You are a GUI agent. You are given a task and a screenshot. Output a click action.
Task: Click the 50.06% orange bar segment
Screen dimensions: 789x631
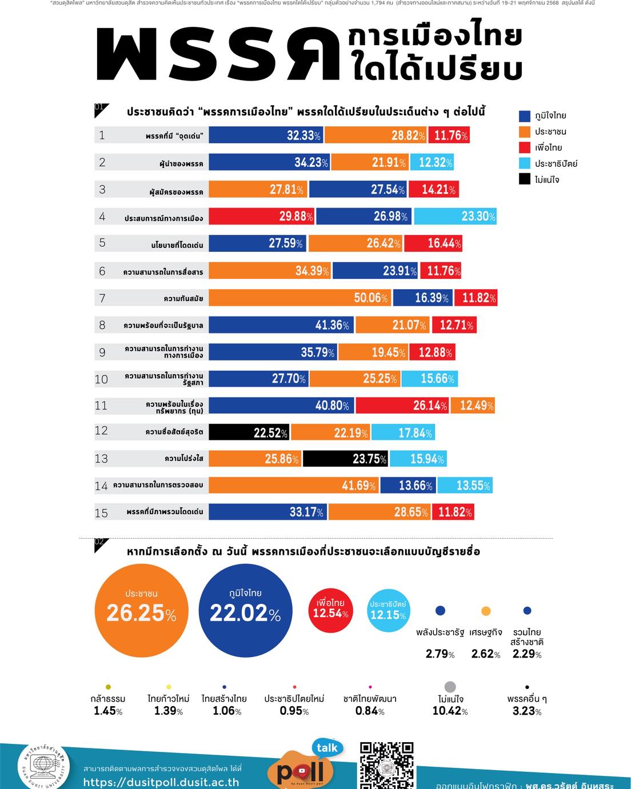pyautogui.click(x=299, y=298)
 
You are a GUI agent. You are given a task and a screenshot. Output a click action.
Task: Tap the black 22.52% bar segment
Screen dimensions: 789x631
pyautogui.click(x=249, y=432)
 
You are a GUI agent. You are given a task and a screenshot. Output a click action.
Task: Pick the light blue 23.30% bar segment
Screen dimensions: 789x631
pyautogui.click(x=455, y=216)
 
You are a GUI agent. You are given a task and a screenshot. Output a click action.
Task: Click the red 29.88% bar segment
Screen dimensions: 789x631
pyautogui.click(x=262, y=216)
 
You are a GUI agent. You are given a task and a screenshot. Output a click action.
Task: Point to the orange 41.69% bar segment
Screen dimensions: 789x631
pyautogui.click(x=293, y=485)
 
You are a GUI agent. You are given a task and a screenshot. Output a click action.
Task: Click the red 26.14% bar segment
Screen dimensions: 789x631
pyautogui.click(x=402, y=405)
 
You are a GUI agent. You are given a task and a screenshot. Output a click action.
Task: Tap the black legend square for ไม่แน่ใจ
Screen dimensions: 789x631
pyautogui.click(x=525, y=179)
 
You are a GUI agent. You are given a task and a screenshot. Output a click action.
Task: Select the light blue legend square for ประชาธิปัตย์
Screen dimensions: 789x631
pyautogui.click(x=525, y=163)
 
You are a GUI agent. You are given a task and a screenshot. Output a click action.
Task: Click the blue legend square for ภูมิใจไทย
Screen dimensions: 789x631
pyautogui.click(x=525, y=115)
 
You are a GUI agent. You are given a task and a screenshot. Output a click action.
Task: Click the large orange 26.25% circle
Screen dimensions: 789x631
pyautogui.click(x=141, y=610)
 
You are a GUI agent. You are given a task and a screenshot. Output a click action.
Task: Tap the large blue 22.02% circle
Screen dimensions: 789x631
pyautogui.click(x=245, y=610)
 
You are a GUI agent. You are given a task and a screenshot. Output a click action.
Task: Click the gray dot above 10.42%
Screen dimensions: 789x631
pyautogui.click(x=450, y=687)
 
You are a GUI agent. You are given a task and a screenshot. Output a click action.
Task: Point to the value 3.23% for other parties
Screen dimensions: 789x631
pyautogui.click(x=527, y=711)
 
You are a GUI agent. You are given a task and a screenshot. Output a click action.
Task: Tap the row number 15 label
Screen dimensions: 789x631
pyautogui.click(x=101, y=512)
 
